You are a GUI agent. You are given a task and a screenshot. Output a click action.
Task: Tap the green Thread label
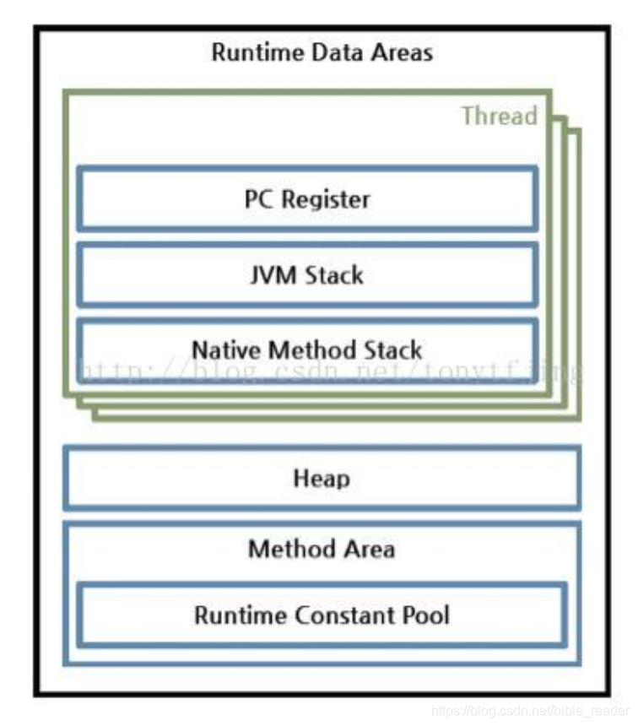(x=499, y=116)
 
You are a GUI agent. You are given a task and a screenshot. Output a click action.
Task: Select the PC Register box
(x=307, y=199)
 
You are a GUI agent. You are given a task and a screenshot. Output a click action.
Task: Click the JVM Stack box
(x=307, y=274)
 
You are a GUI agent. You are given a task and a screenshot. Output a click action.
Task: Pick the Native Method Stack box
(x=307, y=349)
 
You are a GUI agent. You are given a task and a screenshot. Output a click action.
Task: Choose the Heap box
(x=321, y=479)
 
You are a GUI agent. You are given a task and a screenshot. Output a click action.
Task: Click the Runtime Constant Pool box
(x=321, y=615)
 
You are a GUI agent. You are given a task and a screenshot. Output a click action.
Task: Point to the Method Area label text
(x=321, y=550)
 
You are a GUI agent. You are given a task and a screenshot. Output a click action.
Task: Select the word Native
(x=223, y=349)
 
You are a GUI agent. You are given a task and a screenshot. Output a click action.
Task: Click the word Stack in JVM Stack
(x=332, y=274)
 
